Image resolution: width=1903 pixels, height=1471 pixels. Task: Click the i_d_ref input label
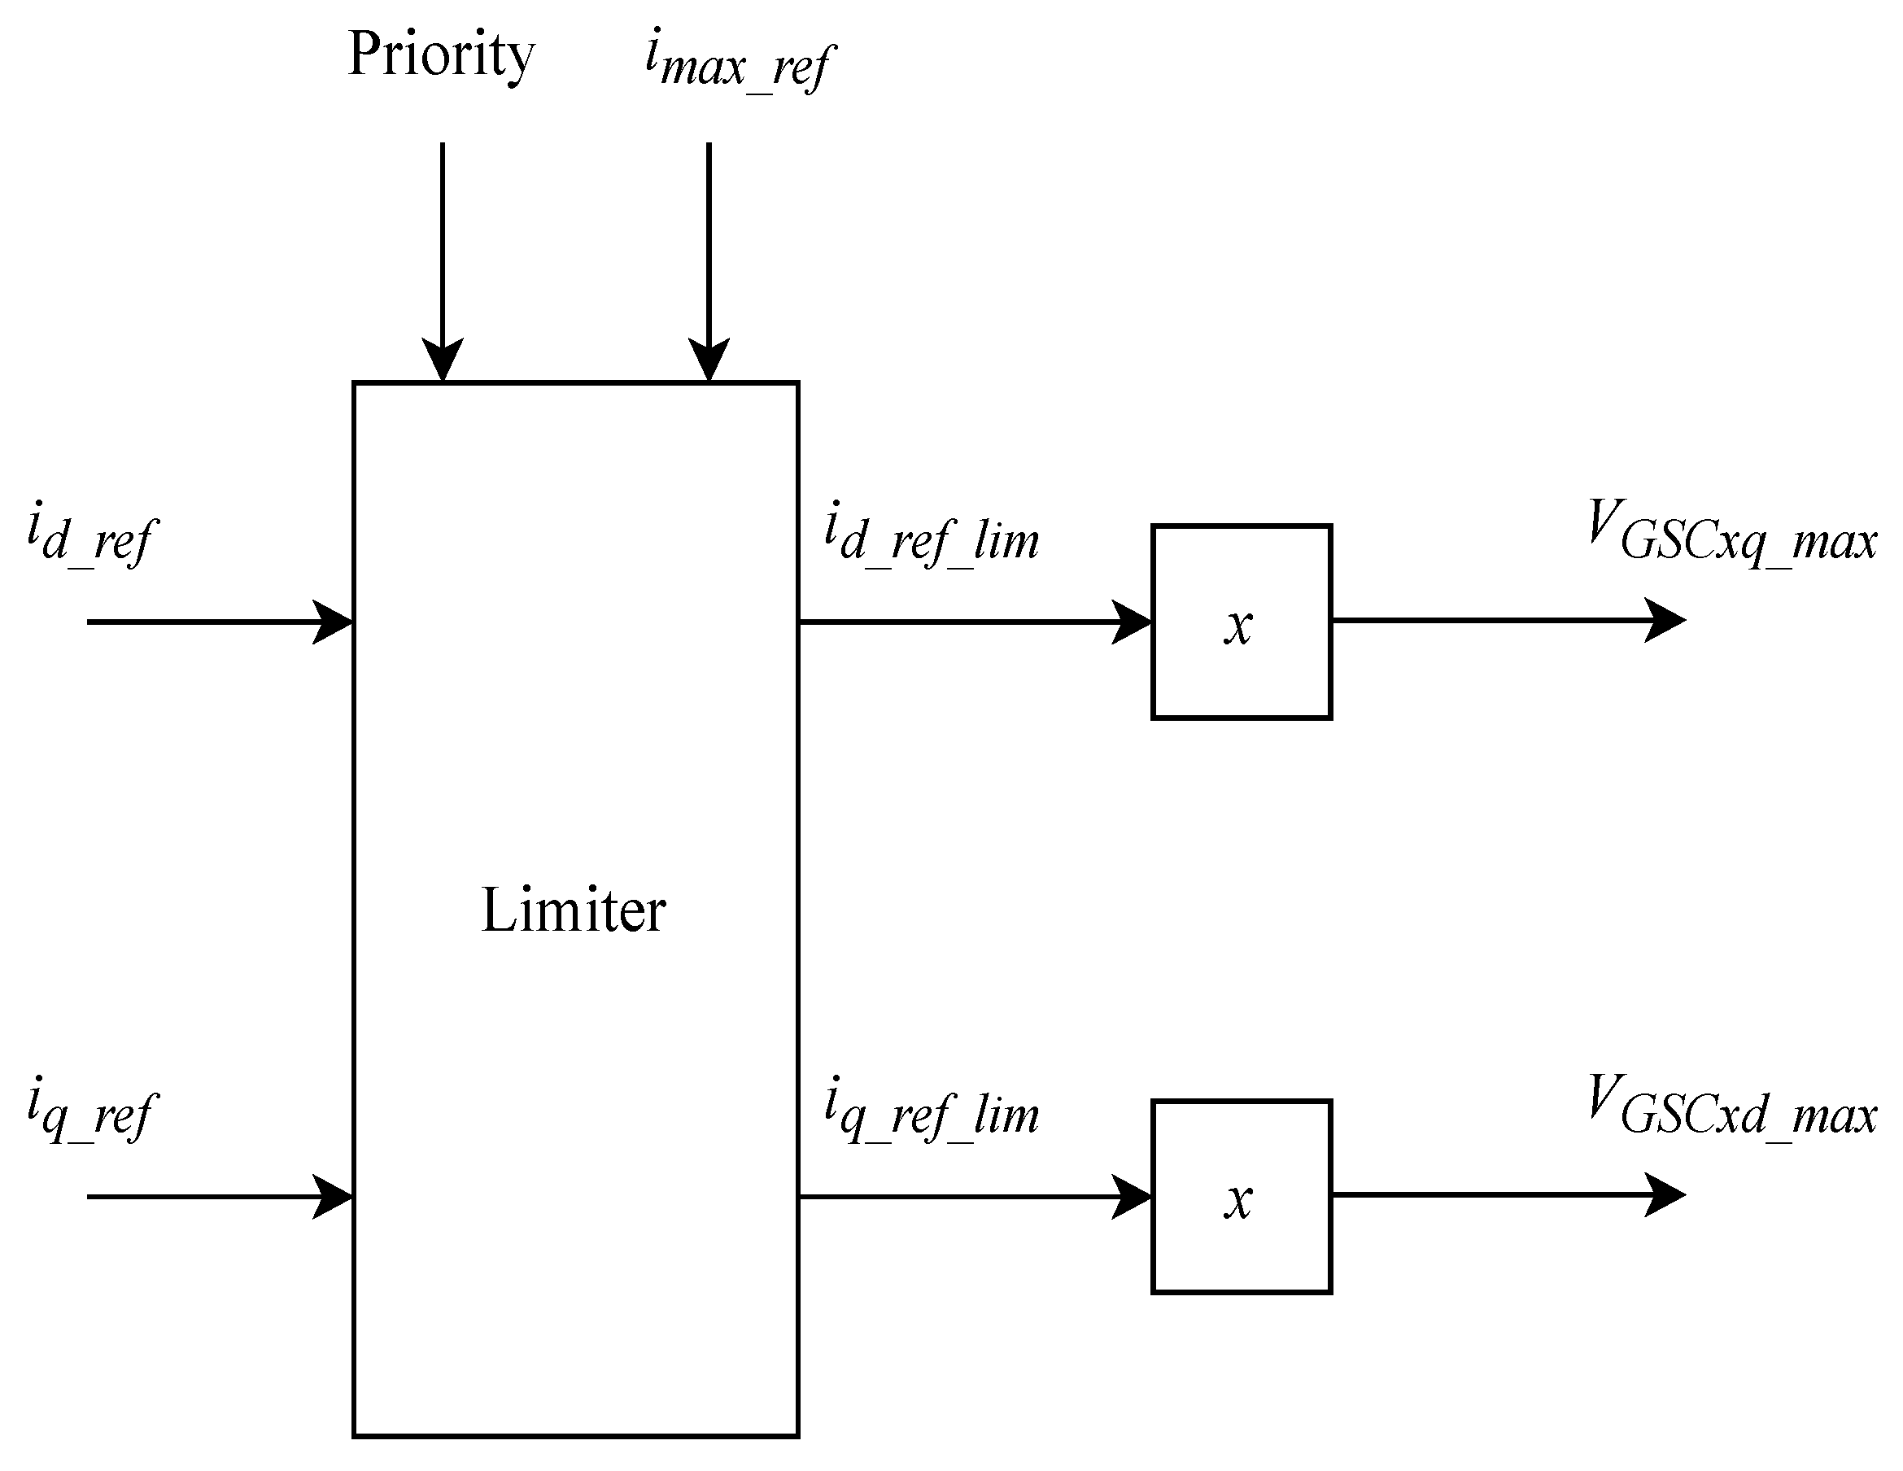coord(90,536)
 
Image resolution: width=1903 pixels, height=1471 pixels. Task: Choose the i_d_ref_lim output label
coord(932,536)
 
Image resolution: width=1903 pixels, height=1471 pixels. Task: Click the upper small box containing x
coord(1241,622)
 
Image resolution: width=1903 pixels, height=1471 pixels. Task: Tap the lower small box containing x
coord(1241,1197)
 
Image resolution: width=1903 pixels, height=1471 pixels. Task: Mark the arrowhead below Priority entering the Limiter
coord(443,359)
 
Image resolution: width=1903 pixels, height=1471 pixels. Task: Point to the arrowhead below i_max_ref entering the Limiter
coord(709,359)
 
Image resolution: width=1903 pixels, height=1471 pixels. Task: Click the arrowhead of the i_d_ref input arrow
coord(333,622)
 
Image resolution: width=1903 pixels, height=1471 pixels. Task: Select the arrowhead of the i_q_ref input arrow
coord(333,1197)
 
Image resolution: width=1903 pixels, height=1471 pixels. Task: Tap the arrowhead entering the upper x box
coord(1132,622)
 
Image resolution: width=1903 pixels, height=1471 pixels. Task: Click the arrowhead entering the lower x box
coord(1132,1197)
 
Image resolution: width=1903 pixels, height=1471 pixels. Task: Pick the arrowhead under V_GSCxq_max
coord(1665,621)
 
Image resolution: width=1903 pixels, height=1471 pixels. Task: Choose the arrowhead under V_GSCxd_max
coord(1665,1194)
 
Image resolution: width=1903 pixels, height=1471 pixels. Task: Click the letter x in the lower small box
coord(1238,1201)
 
